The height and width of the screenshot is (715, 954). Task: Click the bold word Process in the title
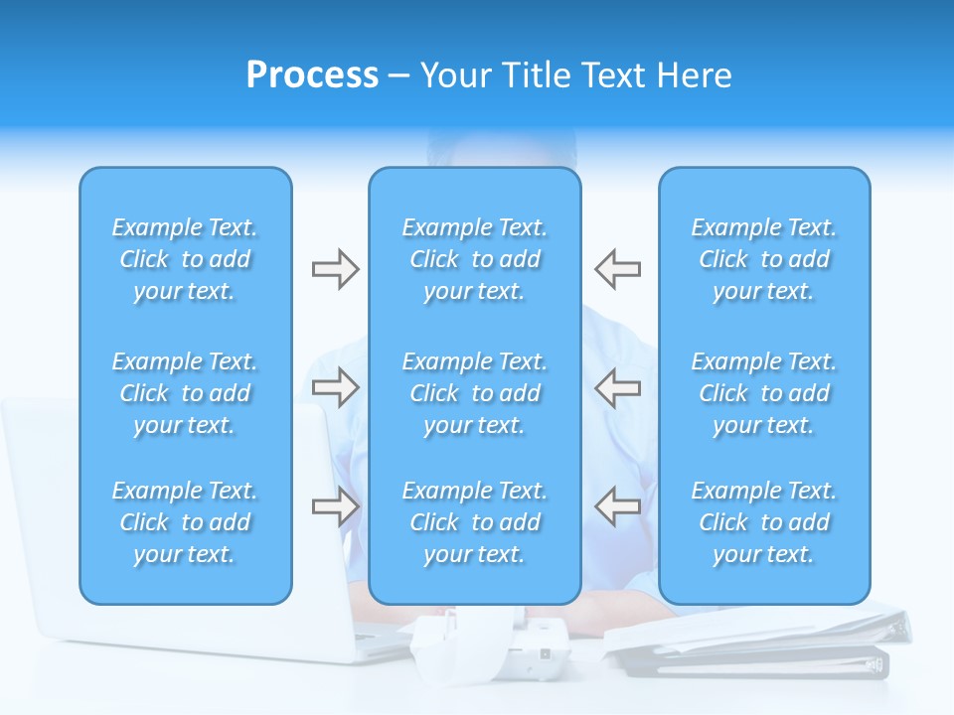[312, 75]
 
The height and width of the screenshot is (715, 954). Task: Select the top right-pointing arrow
[335, 269]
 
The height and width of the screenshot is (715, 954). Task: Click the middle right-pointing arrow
[335, 387]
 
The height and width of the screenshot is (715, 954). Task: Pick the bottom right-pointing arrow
[335, 506]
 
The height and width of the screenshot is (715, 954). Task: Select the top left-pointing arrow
[617, 269]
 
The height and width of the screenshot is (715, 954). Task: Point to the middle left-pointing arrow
[617, 387]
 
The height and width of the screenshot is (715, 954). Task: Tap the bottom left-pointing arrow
[617, 506]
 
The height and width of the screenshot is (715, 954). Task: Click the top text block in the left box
[185, 259]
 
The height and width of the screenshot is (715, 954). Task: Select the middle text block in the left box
[185, 393]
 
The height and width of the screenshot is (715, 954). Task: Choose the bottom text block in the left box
[185, 522]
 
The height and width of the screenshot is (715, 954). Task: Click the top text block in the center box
[474, 259]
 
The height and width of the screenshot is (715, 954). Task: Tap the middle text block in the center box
[474, 393]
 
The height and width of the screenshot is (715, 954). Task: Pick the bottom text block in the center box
[474, 522]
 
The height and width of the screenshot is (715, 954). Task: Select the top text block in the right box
[763, 259]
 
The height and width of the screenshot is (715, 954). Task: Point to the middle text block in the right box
[763, 393]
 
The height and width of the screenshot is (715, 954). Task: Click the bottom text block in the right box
[763, 522]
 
